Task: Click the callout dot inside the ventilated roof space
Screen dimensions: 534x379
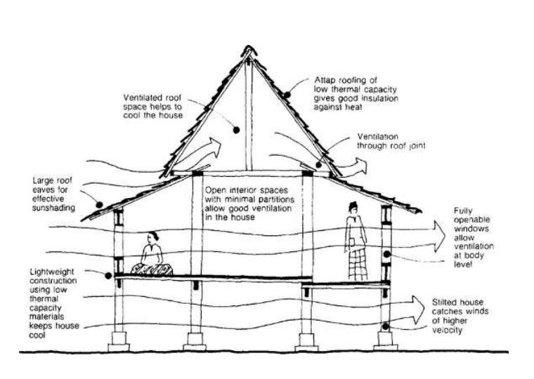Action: click(237, 129)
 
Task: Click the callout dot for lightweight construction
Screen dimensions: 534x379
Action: click(108, 276)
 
